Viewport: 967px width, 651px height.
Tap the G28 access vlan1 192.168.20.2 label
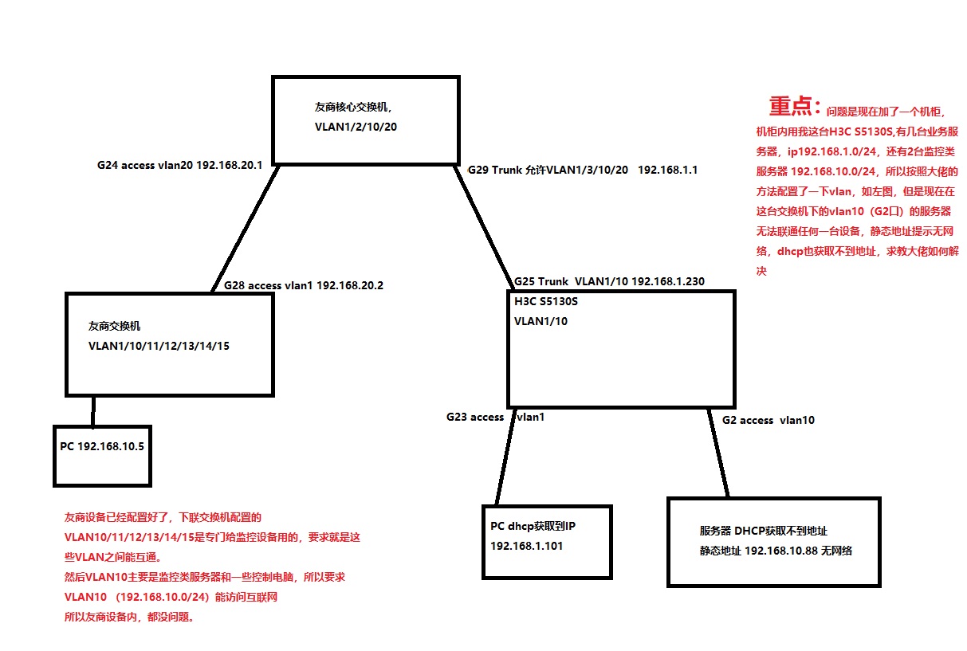pyautogui.click(x=303, y=284)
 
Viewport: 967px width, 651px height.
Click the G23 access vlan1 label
pyautogui.click(x=495, y=417)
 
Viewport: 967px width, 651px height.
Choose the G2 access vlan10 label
pyautogui.click(x=768, y=420)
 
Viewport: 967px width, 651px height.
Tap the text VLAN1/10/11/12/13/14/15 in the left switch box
pyautogui.click(x=159, y=346)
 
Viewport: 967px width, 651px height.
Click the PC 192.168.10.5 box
pyautogui.click(x=102, y=456)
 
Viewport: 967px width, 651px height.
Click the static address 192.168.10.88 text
pyautogui.click(x=776, y=551)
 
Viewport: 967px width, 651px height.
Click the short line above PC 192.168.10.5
pyautogui.click(x=93, y=411)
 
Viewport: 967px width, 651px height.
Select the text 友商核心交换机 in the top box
pyautogui.click(x=352, y=106)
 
